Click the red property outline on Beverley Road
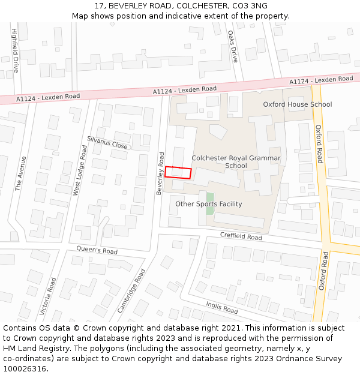(x=178, y=173)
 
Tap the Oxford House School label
(x=297, y=104)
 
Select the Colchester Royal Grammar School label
(x=236, y=162)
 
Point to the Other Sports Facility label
(x=208, y=204)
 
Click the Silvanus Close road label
(x=107, y=142)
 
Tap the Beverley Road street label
(x=160, y=173)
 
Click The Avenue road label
(x=21, y=173)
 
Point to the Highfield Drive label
(x=15, y=50)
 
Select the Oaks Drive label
(x=233, y=47)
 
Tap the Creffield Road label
(x=241, y=237)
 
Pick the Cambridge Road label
(x=131, y=290)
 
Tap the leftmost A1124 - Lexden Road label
(x=48, y=97)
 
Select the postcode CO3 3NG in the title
(x=246, y=6)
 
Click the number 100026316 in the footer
(x=25, y=368)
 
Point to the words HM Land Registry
(x=36, y=348)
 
